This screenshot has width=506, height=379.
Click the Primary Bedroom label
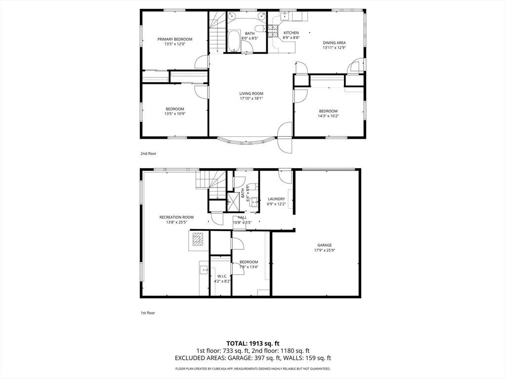point(174,39)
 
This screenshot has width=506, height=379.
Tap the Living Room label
point(251,94)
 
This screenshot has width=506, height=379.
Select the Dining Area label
point(335,43)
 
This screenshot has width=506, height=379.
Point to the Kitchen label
point(291,33)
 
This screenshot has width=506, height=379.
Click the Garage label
point(324,245)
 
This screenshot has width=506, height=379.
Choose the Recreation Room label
point(176,217)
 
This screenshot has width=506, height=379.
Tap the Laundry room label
point(276,199)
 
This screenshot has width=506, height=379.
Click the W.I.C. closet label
point(222,276)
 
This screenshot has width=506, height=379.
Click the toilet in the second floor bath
point(259,28)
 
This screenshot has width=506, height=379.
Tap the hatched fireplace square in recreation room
point(197,240)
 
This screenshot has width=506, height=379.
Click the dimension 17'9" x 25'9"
point(324,250)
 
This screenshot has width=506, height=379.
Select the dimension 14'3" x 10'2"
point(328,116)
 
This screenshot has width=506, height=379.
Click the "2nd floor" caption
point(148,154)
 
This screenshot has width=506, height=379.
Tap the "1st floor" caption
point(148,312)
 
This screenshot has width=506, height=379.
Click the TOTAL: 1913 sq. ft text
point(253,343)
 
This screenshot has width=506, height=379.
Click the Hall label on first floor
point(242,218)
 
